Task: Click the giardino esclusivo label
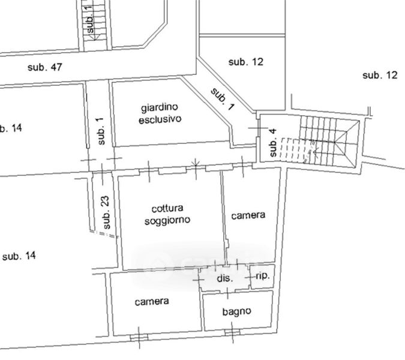[160, 113]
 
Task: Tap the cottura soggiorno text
[167, 215]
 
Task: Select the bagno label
[236, 312]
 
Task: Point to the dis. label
[225, 278]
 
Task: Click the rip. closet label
[263, 276]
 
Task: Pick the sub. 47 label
[45, 67]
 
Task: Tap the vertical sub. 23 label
[106, 212]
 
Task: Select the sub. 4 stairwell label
[273, 143]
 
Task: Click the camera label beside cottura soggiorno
[248, 215]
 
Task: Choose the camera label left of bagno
[152, 301]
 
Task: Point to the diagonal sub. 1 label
[223, 99]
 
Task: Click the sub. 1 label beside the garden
[101, 131]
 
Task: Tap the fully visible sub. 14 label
[19, 256]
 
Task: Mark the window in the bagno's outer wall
[232, 332]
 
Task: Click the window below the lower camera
[139, 337]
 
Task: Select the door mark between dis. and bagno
[227, 293]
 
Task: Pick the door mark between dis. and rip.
[249, 277]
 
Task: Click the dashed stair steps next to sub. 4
[295, 151]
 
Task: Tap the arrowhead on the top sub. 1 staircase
[94, 38]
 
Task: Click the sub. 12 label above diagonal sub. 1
[246, 62]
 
